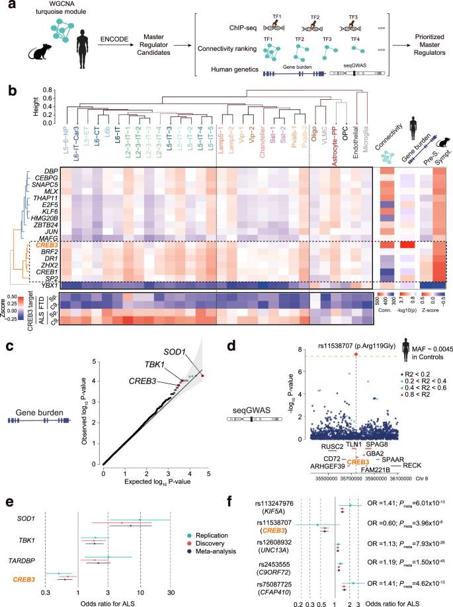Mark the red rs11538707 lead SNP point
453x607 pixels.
[x=356, y=392]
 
